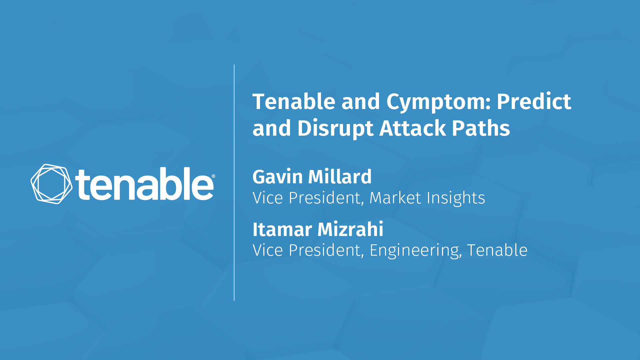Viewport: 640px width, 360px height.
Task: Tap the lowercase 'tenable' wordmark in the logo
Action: tap(144, 184)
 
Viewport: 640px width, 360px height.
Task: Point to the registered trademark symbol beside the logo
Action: tap(213, 176)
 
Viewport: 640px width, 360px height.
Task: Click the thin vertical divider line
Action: tap(234, 183)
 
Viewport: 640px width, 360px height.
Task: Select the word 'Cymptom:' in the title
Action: tap(438, 102)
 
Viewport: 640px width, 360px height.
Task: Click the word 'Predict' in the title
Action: tap(534, 101)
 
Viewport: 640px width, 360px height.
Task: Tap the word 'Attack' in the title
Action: tap(412, 128)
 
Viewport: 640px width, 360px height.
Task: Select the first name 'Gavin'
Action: tap(277, 177)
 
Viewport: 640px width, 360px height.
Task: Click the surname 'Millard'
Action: tap(340, 176)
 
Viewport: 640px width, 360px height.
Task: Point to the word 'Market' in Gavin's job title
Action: tap(395, 198)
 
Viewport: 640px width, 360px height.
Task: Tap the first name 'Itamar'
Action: tap(282, 229)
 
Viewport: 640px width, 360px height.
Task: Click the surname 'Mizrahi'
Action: tap(350, 229)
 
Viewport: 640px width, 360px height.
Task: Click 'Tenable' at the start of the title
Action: tap(294, 101)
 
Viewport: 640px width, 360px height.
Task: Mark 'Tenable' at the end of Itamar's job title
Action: tap(497, 250)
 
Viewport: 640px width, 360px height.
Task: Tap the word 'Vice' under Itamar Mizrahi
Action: tap(268, 250)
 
